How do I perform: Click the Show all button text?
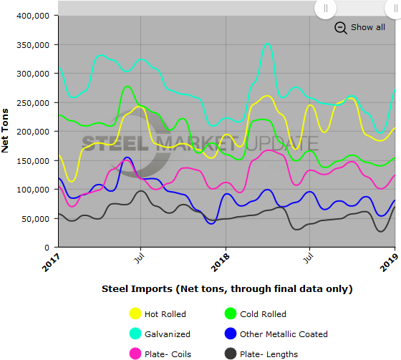[x=367, y=27]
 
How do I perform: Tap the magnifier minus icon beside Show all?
[x=340, y=28]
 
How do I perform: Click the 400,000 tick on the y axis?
[x=32, y=15]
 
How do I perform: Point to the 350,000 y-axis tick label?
[x=32, y=44]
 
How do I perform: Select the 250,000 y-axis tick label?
[x=32, y=102]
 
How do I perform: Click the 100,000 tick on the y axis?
[x=32, y=190]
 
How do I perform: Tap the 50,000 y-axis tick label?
[x=34, y=218]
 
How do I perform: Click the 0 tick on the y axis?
[x=47, y=248]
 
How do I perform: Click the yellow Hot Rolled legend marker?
[x=135, y=313]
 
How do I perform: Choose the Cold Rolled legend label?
[x=263, y=313]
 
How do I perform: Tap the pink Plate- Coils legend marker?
[x=135, y=354]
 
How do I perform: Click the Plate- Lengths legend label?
[x=269, y=354]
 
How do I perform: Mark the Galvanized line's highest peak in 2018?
[x=268, y=44]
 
